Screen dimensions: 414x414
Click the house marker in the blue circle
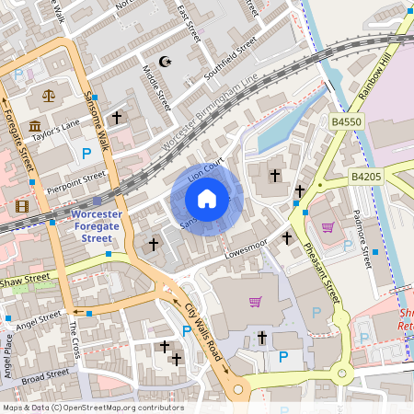click(207, 198)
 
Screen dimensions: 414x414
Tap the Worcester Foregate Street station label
click(97, 225)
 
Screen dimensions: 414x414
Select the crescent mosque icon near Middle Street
click(166, 62)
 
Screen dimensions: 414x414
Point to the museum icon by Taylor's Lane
click(34, 125)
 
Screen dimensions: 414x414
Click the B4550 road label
click(346, 121)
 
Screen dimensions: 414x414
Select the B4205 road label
click(365, 176)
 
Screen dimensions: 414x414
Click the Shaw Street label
click(25, 278)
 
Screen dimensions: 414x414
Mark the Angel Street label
click(38, 321)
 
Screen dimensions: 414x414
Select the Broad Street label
click(45, 376)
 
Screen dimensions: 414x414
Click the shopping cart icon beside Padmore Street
click(327, 227)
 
